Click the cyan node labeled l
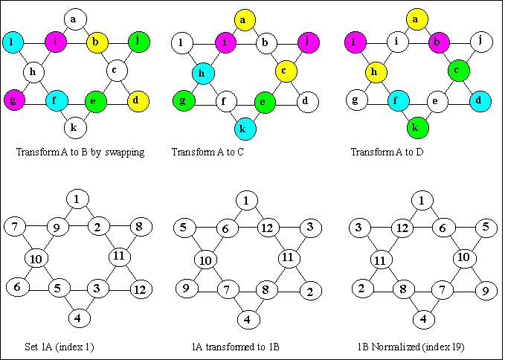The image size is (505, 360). tap(13, 42)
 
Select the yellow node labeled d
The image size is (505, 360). tap(138, 100)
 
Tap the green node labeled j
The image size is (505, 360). tap(138, 42)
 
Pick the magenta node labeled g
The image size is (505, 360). tap(13, 100)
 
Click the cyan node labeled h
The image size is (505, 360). tap(202, 72)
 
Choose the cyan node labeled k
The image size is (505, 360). tap(244, 128)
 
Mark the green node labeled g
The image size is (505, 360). tap(183, 100)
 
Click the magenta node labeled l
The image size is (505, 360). tap(355, 42)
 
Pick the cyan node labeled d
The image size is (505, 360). tap(480, 100)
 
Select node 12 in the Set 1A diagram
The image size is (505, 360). tap(139, 288)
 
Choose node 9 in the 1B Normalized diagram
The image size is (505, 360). tap(484, 289)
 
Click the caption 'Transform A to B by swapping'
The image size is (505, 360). tap(80, 152)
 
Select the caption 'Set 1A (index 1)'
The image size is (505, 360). tap(59, 346)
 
